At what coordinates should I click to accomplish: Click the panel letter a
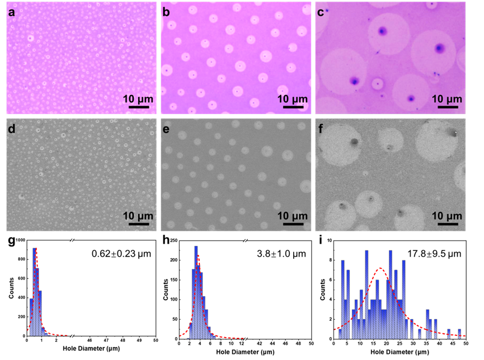11,11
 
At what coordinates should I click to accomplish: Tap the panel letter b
166,11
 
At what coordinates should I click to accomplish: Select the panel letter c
321,11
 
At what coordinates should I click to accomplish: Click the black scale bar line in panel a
136,107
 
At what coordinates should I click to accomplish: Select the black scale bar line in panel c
445,107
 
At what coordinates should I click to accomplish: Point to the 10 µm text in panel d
137,216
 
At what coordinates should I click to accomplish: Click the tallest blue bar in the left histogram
35,291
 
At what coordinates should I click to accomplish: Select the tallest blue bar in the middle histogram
196,291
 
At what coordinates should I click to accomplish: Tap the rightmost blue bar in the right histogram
460,333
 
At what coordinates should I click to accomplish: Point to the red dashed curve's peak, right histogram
380,268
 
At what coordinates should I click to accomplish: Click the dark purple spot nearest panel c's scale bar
411,98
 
